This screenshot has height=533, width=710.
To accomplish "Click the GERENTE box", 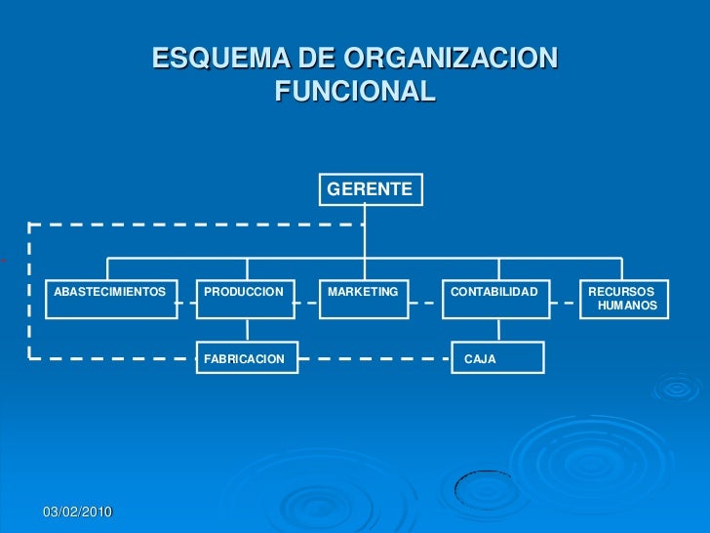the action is point(371,189).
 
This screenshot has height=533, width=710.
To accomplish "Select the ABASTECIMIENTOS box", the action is point(111,299).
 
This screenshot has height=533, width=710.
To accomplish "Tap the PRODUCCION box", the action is point(246,299).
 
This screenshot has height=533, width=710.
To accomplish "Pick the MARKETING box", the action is point(365,299).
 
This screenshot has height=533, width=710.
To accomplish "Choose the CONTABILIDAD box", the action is point(495,299).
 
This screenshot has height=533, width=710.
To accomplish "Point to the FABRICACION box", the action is point(247,358).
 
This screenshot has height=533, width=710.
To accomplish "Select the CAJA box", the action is point(497,358).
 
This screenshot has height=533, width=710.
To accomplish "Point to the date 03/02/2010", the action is point(78,512).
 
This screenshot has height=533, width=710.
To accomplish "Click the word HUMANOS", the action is point(628,307).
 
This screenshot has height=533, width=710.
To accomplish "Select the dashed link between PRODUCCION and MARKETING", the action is point(307,303).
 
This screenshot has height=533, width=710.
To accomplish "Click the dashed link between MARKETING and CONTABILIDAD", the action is point(426,303).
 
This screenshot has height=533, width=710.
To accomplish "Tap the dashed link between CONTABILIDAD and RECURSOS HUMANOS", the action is point(564,303).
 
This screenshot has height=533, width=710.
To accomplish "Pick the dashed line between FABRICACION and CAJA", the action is point(373,357).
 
